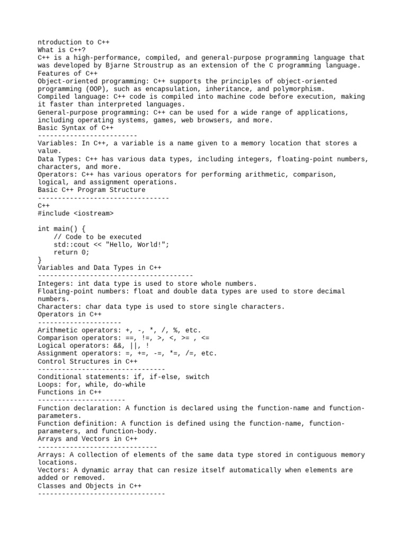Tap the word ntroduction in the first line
click(60, 42)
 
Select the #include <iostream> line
click(76, 213)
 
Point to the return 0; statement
click(72, 252)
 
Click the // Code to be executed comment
click(98, 237)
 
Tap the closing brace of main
click(40, 260)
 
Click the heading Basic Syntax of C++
click(76, 128)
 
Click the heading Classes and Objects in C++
click(90, 486)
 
